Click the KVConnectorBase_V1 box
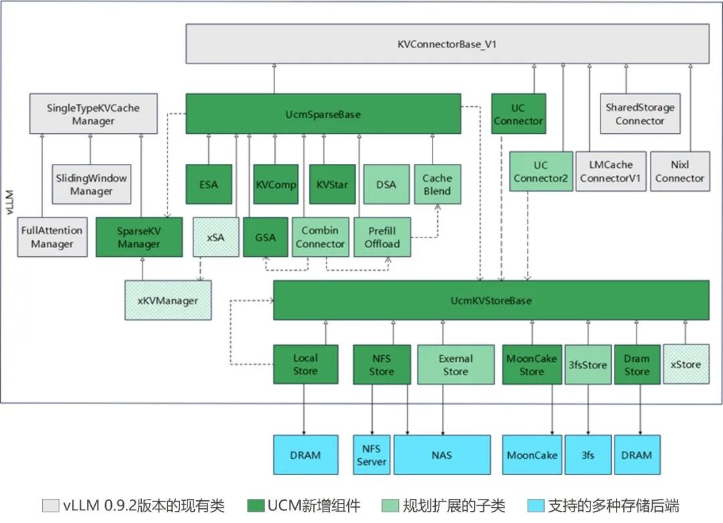447,44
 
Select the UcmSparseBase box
323,114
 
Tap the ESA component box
209,184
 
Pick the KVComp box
276,184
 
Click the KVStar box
332,184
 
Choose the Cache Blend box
437,184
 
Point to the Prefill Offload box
382,237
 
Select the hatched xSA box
215,237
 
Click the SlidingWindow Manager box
91,184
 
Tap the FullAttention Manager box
52,237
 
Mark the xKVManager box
167,300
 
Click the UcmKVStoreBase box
491,300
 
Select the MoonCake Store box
532,364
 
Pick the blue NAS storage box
441,455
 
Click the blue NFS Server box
372,455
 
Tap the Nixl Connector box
679,171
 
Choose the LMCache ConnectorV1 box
611,171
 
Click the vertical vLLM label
9,201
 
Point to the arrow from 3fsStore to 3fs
588,409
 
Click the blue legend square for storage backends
536,506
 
